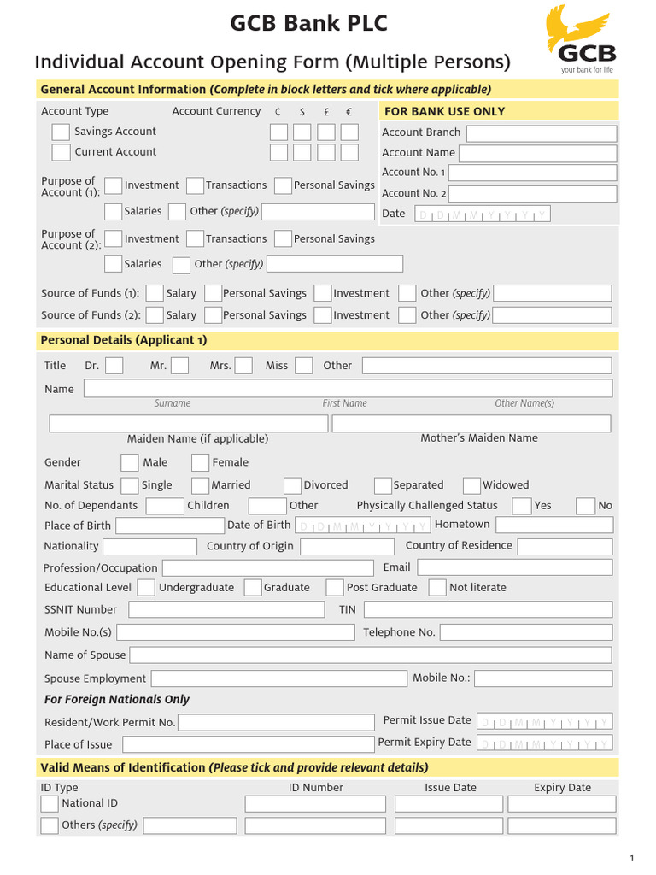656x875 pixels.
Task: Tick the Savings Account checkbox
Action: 61,132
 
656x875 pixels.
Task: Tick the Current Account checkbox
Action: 61,152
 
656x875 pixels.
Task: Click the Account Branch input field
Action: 542,133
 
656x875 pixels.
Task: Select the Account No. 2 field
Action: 533,193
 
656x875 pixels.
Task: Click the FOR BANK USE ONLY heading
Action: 444,111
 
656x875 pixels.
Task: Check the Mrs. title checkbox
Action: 243,366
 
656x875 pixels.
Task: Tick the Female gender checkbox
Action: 200,462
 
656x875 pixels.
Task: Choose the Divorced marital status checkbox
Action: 292,485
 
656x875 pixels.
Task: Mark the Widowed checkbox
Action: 471,485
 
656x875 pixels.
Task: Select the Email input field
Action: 514,567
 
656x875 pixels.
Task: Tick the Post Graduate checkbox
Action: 335,588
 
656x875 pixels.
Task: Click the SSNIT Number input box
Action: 226,609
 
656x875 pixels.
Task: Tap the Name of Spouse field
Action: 371,655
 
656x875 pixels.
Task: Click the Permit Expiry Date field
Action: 543,743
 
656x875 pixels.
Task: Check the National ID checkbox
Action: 50,804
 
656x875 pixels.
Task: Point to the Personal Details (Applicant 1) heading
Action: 124,340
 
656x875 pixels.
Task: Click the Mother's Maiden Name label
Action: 479,438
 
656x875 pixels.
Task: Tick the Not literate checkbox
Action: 437,588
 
